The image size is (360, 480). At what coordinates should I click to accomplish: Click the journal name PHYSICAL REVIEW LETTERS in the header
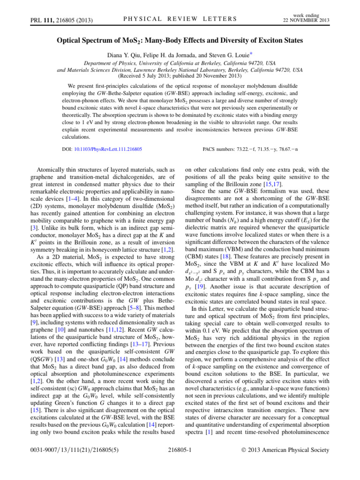point(180,18)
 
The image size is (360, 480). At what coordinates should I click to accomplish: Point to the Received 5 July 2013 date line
point(180,75)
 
